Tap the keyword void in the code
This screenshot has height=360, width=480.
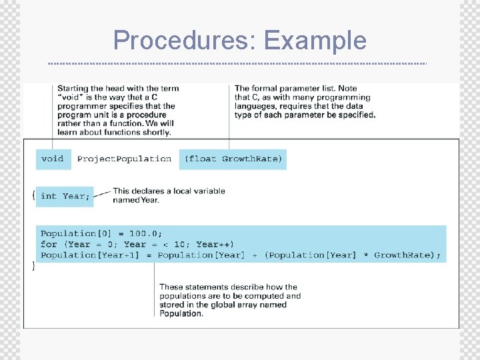click(53, 159)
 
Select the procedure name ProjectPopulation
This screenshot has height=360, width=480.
click(124, 159)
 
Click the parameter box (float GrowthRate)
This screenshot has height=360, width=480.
click(233, 159)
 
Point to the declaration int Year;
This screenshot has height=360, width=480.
click(65, 196)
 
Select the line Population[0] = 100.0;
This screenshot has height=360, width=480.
click(101, 234)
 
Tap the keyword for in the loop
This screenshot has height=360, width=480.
click(49, 245)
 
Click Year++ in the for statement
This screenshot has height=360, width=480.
click(215, 245)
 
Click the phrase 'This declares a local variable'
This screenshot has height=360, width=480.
click(169, 191)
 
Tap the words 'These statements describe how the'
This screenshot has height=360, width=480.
click(228, 287)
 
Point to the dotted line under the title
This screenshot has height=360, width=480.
click(237, 64)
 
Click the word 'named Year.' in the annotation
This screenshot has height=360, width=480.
click(136, 200)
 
